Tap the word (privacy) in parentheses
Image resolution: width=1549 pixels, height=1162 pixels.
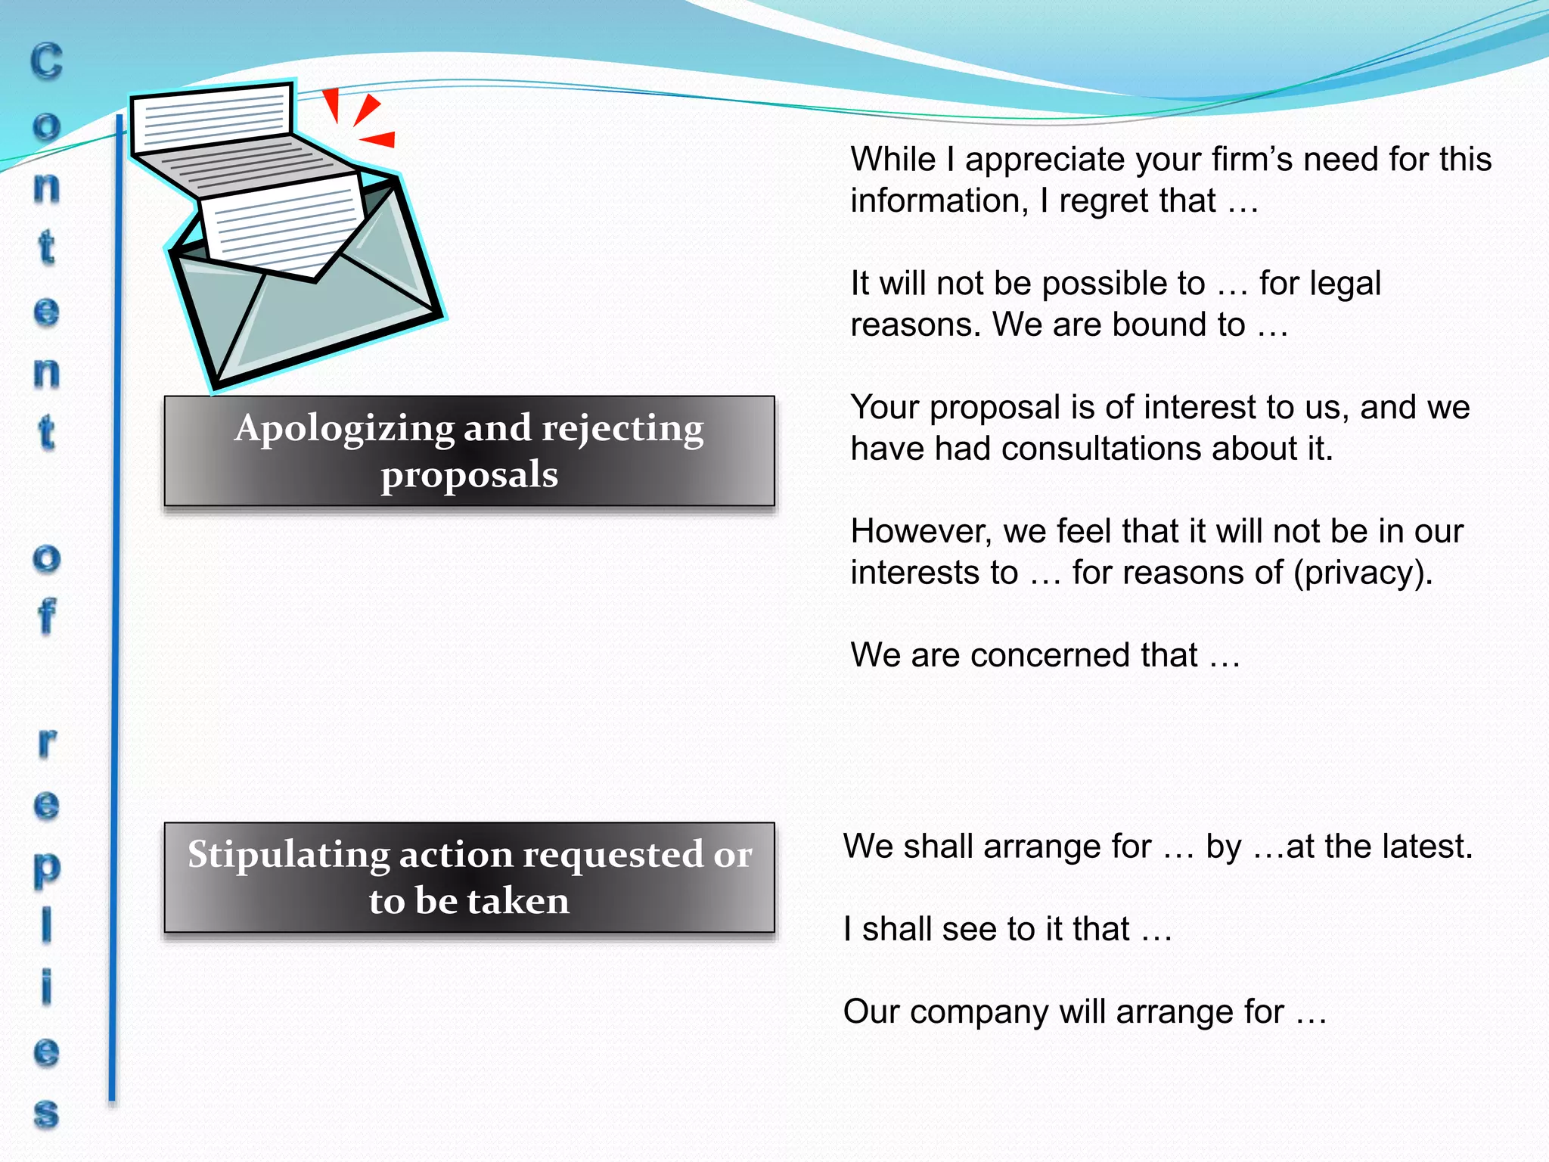pos(1363,573)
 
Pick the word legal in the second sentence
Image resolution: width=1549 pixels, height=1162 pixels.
pos(1344,284)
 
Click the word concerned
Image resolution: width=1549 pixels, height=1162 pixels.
pos(1051,655)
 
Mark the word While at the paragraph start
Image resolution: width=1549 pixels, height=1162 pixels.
pos(892,160)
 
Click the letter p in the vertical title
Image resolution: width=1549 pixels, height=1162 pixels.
pos(46,868)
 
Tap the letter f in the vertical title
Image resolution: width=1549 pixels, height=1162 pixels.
pos(46,616)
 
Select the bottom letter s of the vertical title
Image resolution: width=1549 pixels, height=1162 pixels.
pos(46,1114)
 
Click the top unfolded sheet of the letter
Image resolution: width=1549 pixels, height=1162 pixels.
pos(212,117)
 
